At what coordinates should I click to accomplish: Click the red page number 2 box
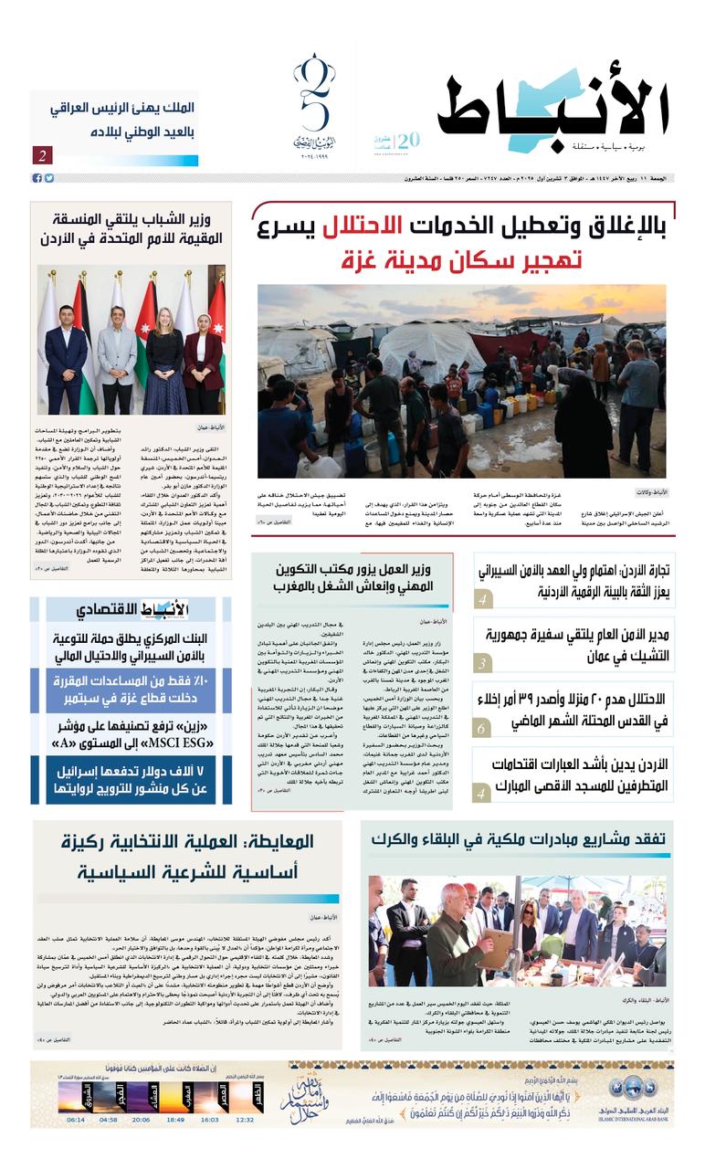(42, 155)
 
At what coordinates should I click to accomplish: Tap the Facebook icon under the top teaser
(37, 178)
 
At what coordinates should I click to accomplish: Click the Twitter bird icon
(48, 178)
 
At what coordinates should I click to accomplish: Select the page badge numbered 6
(484, 728)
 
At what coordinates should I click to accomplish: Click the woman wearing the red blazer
(203, 352)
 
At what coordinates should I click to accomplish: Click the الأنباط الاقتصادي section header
(131, 610)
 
